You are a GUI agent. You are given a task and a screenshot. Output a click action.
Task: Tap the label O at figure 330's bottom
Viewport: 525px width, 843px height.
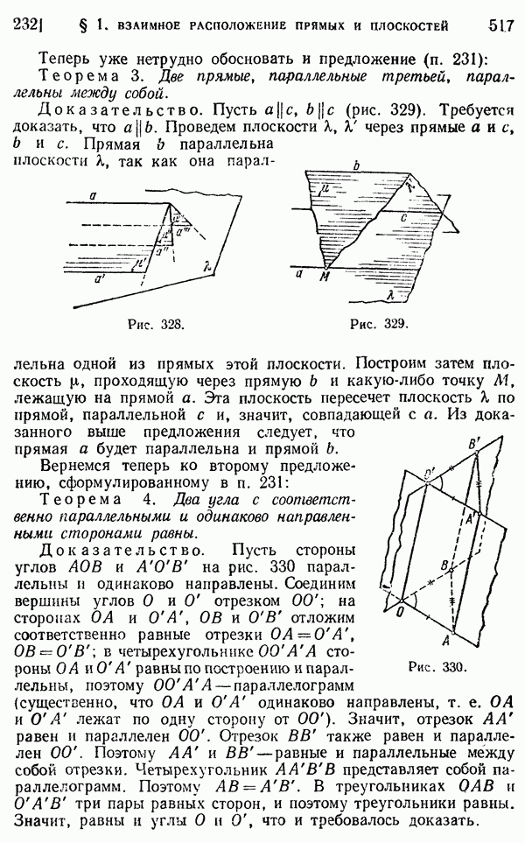click(x=401, y=610)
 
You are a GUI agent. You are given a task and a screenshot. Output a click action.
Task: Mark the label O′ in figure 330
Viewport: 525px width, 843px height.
click(x=429, y=475)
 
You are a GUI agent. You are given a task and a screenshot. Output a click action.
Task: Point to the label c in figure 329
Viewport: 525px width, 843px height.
click(x=399, y=216)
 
